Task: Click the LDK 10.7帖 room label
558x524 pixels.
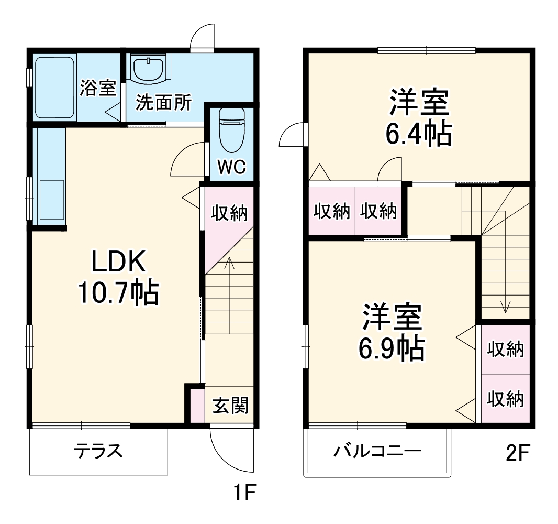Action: pyautogui.click(x=118, y=277)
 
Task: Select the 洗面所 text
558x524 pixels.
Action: pyautogui.click(x=163, y=102)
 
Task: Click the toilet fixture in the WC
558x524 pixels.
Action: pyautogui.click(x=232, y=130)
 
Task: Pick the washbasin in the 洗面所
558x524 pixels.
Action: pyautogui.click(x=148, y=69)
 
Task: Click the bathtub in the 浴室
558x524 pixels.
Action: pyautogui.click(x=55, y=88)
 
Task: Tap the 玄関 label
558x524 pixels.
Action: pyautogui.click(x=230, y=406)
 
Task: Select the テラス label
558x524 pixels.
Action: pyautogui.click(x=98, y=451)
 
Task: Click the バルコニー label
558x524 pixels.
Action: pyautogui.click(x=377, y=451)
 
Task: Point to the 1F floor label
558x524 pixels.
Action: pyautogui.click(x=244, y=493)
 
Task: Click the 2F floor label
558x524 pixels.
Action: pyautogui.click(x=518, y=452)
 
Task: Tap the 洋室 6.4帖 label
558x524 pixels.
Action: pyautogui.click(x=419, y=117)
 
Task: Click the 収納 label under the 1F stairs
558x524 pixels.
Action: pyautogui.click(x=229, y=213)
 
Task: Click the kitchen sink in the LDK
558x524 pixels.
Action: pyautogui.click(x=52, y=200)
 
